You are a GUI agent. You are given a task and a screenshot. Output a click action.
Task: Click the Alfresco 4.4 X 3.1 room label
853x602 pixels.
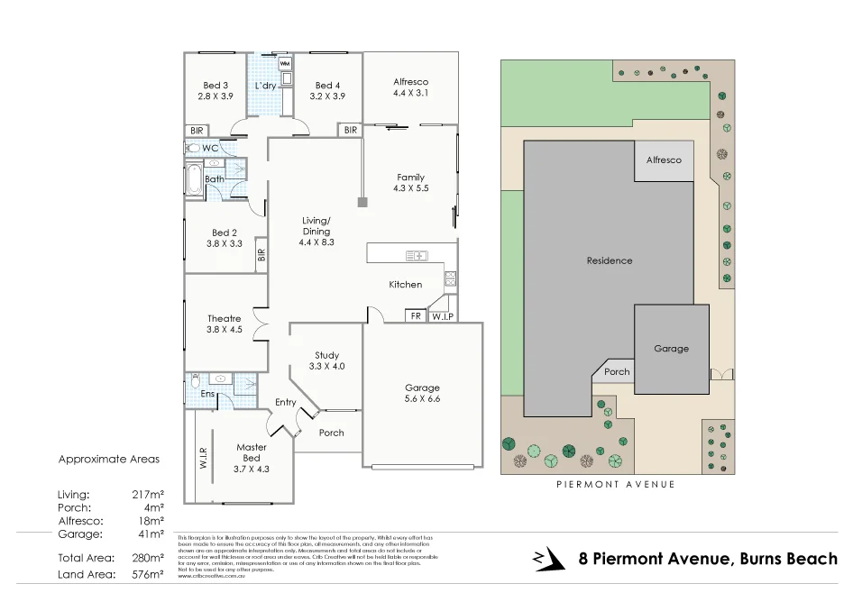pyautogui.click(x=410, y=87)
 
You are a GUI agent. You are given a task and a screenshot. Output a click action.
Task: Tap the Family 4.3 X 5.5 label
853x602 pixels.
pyautogui.click(x=409, y=183)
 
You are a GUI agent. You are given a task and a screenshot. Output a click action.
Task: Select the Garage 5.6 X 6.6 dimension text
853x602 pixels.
pyautogui.click(x=422, y=393)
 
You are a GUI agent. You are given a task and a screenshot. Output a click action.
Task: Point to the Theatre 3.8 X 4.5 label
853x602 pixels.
pyautogui.click(x=224, y=324)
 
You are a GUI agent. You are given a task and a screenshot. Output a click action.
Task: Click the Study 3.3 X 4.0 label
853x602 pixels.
pyautogui.click(x=326, y=360)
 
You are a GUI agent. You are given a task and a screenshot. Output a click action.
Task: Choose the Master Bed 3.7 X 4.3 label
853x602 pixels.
pyautogui.click(x=251, y=458)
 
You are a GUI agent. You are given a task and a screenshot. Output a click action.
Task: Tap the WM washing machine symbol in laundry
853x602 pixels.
pyautogui.click(x=285, y=64)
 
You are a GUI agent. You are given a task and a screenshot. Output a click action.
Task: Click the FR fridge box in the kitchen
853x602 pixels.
pyautogui.click(x=416, y=316)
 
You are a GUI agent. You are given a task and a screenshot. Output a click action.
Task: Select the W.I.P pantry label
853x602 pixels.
pyautogui.click(x=441, y=316)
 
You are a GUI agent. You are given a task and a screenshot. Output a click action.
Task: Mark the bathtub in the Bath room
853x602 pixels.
pyautogui.click(x=194, y=178)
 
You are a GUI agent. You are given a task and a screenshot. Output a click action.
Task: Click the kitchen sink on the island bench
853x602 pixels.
pyautogui.click(x=417, y=256)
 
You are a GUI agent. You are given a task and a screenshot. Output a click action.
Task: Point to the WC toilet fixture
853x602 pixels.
pyautogui.click(x=194, y=148)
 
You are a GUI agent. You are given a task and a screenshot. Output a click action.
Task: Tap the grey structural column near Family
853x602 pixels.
pyautogui.click(x=362, y=202)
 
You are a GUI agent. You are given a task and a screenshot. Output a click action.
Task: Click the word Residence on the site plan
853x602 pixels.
pyautogui.click(x=610, y=260)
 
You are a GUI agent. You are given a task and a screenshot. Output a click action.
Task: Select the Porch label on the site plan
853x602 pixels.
pyautogui.click(x=617, y=372)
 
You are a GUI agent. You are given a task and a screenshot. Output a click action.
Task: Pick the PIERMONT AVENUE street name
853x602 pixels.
pyautogui.click(x=617, y=485)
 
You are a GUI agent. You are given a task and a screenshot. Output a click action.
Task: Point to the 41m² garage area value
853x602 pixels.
pyautogui.click(x=151, y=534)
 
